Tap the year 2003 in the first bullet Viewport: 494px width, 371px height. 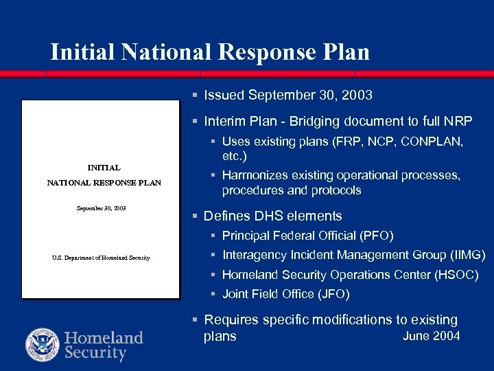pos(357,94)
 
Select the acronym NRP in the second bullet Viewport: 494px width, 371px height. pos(458,121)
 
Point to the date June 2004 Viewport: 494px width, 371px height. pos(431,336)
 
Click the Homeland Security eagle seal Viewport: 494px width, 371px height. pos(43,345)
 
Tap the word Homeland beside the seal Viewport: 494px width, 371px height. pos(104,338)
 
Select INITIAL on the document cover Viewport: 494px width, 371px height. pos(104,167)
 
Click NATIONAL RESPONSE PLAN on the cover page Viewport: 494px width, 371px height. pos(104,183)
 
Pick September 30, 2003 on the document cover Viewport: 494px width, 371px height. pos(101,207)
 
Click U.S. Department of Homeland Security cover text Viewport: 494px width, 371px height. pos(101,258)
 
